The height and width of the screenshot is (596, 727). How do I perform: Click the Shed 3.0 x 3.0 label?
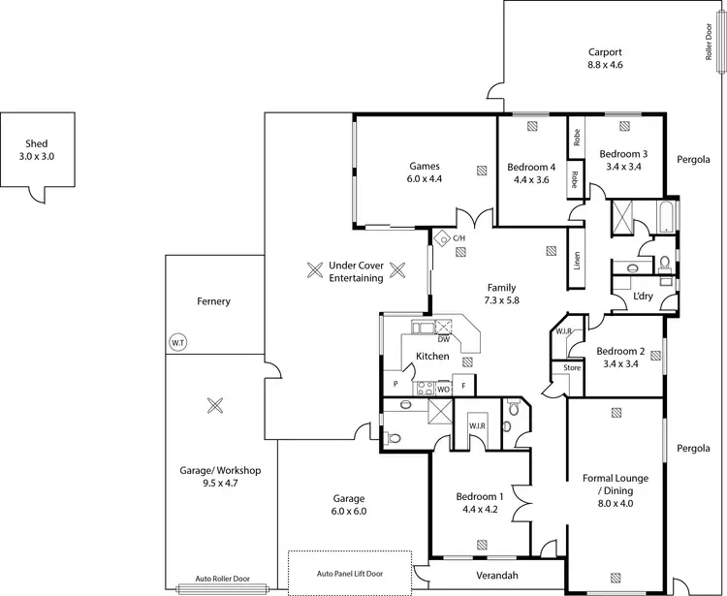click(x=37, y=150)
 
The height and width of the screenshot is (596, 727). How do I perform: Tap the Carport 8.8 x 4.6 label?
click(x=605, y=58)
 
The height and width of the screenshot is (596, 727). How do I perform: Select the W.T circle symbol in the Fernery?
click(x=177, y=343)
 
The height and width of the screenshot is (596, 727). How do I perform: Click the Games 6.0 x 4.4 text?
click(x=425, y=173)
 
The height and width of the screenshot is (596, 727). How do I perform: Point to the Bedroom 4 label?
click(x=531, y=173)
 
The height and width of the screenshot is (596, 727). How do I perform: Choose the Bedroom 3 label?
click(x=623, y=160)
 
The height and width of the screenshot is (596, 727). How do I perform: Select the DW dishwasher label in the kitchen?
click(x=443, y=339)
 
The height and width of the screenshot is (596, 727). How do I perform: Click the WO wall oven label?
click(x=443, y=389)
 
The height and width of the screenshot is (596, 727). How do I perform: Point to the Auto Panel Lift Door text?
click(x=350, y=574)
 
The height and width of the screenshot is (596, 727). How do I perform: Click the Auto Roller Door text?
click(x=222, y=579)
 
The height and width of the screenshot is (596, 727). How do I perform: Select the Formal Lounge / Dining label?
click(x=616, y=490)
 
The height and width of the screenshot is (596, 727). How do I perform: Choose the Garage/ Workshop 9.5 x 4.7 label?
click(x=220, y=476)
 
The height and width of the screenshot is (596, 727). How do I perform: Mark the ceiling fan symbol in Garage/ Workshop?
click(x=215, y=406)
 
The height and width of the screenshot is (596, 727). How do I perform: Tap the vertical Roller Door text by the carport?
click(x=710, y=43)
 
